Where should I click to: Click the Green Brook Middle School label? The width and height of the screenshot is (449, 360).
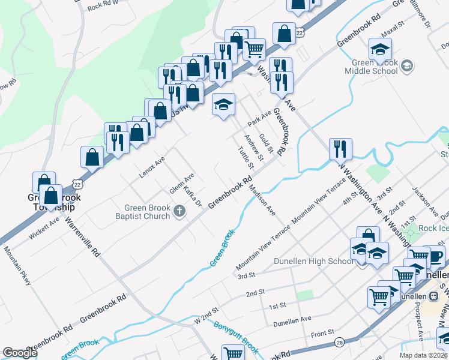(x=371, y=67)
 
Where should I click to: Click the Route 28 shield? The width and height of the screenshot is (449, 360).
(x=340, y=342)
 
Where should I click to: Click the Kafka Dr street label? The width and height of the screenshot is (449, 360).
(x=193, y=197)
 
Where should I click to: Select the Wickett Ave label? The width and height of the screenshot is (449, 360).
(x=44, y=229)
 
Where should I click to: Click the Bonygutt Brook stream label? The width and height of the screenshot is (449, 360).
(x=235, y=337)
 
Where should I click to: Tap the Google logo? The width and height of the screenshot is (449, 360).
(x=20, y=353)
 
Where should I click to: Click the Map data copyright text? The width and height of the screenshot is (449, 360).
(x=423, y=355)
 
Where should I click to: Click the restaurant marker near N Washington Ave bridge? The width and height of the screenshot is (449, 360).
(x=340, y=148)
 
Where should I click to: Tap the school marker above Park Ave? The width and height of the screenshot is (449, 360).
(x=223, y=105)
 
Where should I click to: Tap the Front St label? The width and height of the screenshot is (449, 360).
(x=322, y=333)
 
